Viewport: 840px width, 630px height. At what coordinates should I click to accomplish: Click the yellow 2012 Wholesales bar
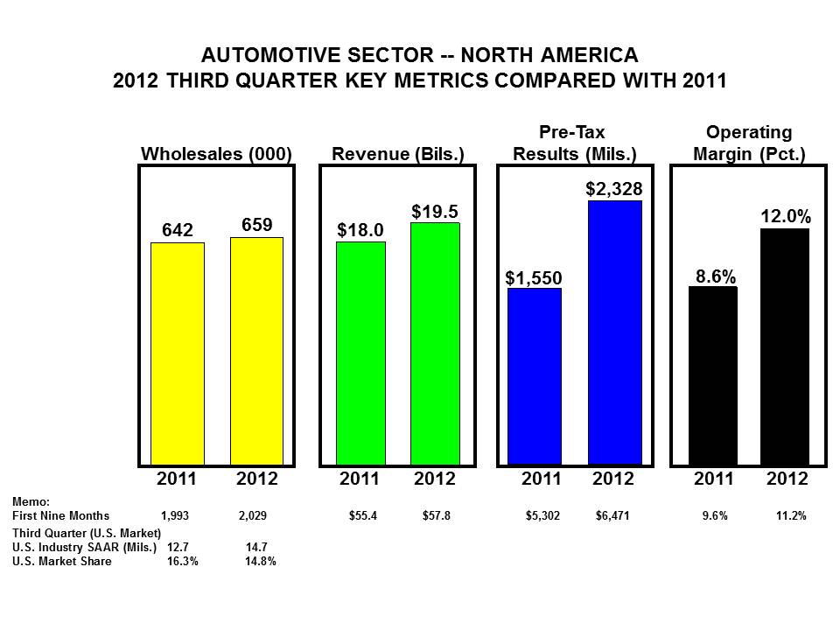coord(256,351)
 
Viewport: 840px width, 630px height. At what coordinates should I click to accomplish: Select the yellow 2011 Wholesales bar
coord(178,353)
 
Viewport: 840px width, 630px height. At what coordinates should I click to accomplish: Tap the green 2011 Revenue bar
coord(360,353)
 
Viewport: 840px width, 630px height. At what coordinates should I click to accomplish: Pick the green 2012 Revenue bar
coord(435,343)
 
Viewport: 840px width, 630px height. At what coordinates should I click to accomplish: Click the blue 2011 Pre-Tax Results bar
coord(534,376)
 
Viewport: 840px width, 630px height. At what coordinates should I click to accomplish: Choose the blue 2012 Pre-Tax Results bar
coord(614,332)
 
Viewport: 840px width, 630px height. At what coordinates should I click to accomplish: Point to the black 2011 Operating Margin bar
coord(712,375)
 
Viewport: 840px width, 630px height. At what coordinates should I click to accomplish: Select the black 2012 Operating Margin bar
coord(784,346)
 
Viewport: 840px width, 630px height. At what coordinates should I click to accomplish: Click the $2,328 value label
coord(614,189)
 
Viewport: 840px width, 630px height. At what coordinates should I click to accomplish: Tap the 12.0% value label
coord(786,216)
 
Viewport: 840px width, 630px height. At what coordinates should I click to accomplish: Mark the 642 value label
coord(178,230)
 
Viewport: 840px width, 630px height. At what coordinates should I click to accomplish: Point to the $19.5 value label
coord(435,212)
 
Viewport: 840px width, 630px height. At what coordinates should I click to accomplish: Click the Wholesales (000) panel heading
coord(216,154)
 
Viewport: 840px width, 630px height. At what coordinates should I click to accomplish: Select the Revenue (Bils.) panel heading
coord(397,154)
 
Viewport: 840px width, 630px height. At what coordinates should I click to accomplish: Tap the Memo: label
coord(31,502)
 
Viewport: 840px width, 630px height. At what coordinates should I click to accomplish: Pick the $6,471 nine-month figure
coord(612,516)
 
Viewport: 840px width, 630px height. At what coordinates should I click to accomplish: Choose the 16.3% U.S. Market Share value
coord(183,562)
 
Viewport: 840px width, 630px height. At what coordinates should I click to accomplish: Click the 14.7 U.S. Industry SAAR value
coord(256,547)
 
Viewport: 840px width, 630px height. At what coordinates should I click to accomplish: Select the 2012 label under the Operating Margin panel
coord(787,479)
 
